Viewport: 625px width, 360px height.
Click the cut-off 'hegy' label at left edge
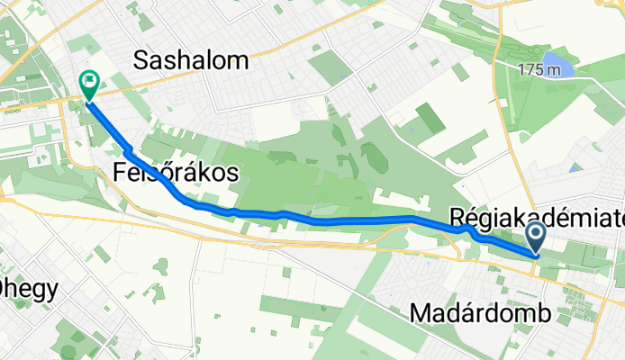(29, 289)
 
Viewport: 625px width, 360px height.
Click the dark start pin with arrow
(536, 238)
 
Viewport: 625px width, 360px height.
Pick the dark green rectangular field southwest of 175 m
(430, 120)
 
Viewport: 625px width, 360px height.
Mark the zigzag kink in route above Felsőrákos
(130, 149)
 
